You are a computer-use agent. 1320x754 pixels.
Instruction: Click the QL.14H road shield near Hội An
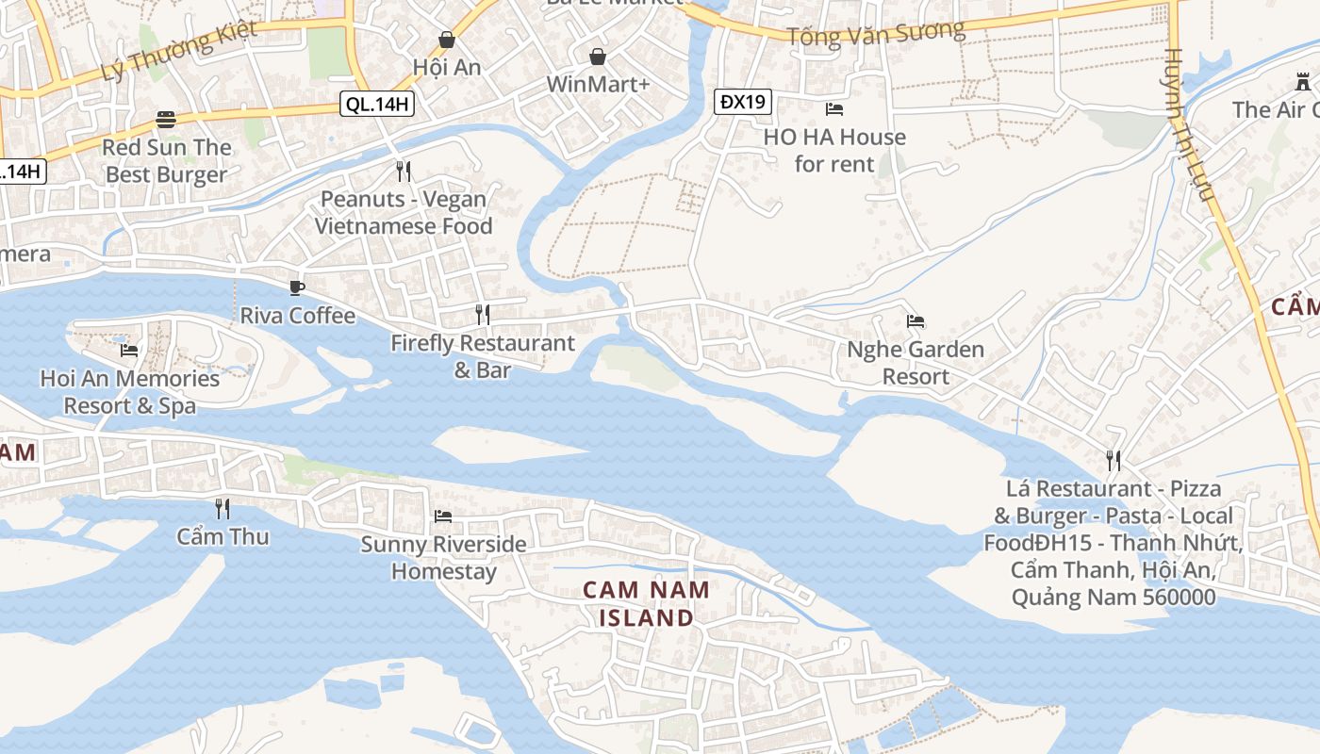click(x=377, y=105)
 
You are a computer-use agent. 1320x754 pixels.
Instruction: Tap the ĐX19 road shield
click(x=742, y=102)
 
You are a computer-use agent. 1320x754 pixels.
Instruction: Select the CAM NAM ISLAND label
click(x=646, y=604)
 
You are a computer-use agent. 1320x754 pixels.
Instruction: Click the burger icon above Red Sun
click(x=166, y=120)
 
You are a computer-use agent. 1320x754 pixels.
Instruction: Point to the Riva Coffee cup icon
click(x=297, y=287)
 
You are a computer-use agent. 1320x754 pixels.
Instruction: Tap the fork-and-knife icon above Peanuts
click(x=404, y=172)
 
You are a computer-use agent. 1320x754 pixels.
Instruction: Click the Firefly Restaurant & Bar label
click(x=483, y=356)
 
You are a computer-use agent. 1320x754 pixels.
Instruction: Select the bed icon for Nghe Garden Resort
click(x=916, y=321)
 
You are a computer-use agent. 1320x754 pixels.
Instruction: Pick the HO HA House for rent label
click(x=834, y=150)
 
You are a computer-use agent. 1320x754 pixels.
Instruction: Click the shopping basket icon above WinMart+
click(x=598, y=57)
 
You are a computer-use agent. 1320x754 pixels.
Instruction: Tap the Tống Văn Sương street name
click(x=876, y=34)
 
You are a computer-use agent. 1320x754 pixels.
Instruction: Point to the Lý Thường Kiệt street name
click(x=179, y=52)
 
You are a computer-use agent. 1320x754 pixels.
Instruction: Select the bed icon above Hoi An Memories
click(x=129, y=351)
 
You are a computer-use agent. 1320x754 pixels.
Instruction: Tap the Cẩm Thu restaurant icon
click(x=223, y=509)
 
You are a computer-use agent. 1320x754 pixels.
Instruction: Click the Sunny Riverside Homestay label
click(x=443, y=557)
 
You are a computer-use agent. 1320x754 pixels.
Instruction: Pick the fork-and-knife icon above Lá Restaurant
click(x=1114, y=461)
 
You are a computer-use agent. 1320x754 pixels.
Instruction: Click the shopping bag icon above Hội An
click(x=447, y=40)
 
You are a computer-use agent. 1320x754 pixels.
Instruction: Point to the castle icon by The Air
click(x=1302, y=82)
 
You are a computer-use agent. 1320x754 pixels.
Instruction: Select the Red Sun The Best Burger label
click(x=166, y=160)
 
